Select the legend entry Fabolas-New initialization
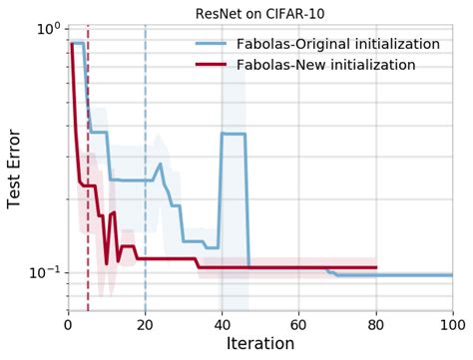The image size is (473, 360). click(x=320, y=65)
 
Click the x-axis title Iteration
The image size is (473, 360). click(x=259, y=344)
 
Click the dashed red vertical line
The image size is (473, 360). click(x=88, y=199)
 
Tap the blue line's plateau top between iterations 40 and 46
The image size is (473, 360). click(x=234, y=134)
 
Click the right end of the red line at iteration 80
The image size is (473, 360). click(x=376, y=267)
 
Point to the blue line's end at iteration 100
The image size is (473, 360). click(x=452, y=274)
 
